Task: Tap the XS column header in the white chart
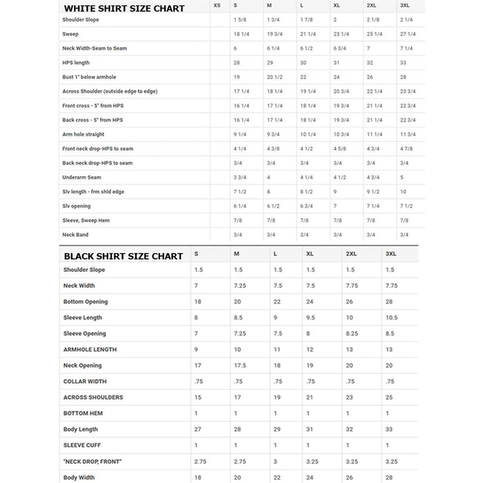coord(217,6)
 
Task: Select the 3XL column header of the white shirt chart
coord(406,6)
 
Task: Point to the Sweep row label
coord(70,34)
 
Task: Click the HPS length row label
coord(76,63)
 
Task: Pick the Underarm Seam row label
coord(81,177)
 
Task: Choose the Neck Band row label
coord(75,235)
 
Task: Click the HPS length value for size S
coord(237,63)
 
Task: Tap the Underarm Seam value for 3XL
coord(402,177)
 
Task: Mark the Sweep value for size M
coord(274,34)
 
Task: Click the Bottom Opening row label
coord(86,302)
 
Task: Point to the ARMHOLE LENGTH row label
coord(90,349)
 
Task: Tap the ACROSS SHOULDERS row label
coord(93,397)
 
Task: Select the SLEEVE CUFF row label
coord(82,445)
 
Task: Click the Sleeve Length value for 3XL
coord(391,317)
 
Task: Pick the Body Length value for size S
coord(198,429)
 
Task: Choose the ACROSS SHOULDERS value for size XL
coord(310,397)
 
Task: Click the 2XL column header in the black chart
coord(351,254)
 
